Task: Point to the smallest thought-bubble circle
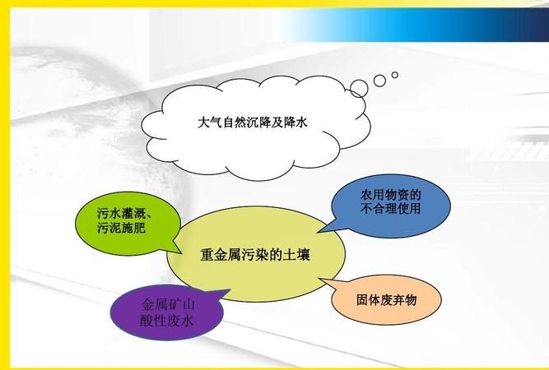[x=395, y=75]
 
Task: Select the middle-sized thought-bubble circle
[x=380, y=81]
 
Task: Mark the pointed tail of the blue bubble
[x=322, y=233]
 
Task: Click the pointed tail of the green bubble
[x=179, y=251]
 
